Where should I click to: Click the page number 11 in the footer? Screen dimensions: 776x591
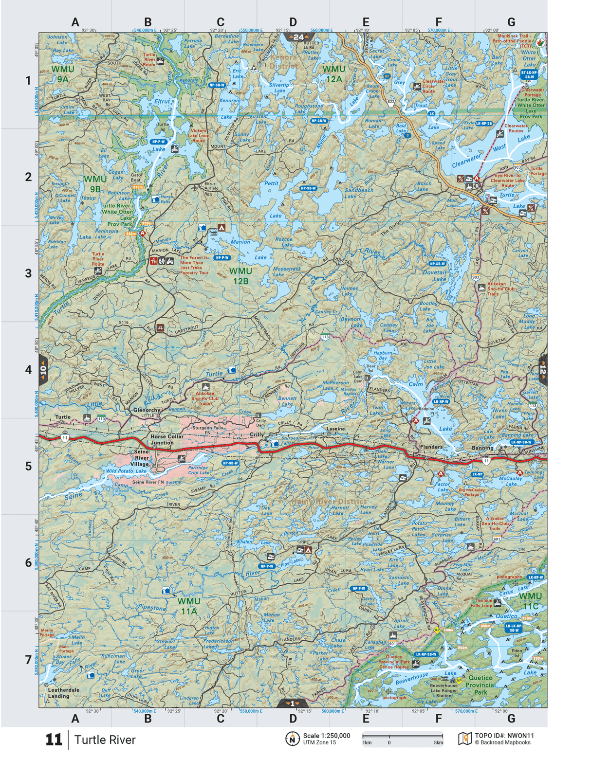point(54,740)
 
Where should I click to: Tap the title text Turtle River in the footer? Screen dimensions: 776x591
point(105,740)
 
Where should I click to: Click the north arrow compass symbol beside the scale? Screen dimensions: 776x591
point(292,739)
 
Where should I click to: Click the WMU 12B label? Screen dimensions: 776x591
point(240,276)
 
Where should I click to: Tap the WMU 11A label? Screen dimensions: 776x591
point(188,606)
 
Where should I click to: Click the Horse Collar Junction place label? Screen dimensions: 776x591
point(166,439)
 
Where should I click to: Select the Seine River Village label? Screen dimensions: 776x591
point(141,458)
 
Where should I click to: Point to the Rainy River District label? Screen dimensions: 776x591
point(329,501)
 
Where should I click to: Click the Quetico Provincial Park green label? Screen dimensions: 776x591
point(480,685)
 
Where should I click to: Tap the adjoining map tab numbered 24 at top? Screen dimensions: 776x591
point(298,37)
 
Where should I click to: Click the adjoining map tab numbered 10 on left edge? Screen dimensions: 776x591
point(43,370)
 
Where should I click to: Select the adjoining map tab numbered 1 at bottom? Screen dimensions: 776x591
point(292,704)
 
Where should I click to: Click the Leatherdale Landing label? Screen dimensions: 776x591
point(63,693)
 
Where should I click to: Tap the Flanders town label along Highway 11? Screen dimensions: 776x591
point(431,447)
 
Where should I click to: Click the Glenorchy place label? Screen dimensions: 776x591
point(147,410)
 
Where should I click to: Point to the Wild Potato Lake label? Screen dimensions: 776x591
point(126,471)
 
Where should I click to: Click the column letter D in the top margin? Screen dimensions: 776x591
point(293,22)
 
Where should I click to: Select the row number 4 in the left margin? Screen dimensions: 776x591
point(28,370)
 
